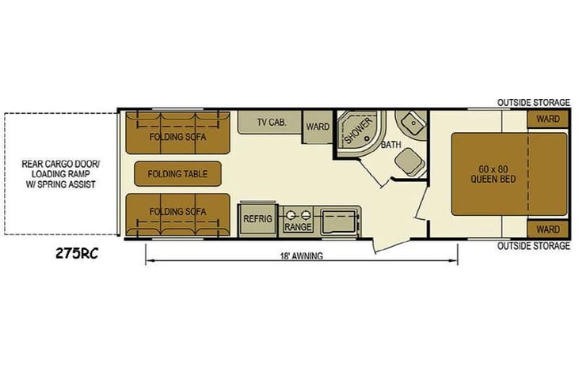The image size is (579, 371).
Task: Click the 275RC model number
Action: [77, 254]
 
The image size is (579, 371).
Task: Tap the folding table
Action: [178, 174]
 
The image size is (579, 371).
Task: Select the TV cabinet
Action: [269, 122]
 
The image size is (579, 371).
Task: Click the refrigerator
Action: [257, 219]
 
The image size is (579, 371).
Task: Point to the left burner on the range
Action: [291, 214]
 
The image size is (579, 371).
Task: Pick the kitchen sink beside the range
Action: [339, 222]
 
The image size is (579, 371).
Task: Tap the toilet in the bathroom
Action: [409, 161]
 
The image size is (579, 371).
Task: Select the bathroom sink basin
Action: [411, 122]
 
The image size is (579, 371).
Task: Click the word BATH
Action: [391, 145]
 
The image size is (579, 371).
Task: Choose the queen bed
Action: [509, 175]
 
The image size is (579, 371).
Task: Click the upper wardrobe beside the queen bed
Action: [547, 119]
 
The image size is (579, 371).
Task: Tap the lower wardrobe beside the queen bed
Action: [547, 229]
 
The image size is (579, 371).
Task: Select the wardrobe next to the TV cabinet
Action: [318, 127]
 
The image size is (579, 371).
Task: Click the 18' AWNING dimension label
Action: [301, 256]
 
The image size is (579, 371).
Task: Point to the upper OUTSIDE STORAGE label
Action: [534, 103]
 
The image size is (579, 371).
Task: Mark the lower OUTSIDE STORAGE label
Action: [534, 245]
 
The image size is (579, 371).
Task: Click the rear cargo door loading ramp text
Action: [60, 174]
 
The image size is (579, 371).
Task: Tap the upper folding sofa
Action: [177, 133]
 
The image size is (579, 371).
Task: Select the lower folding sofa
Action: [177, 214]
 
